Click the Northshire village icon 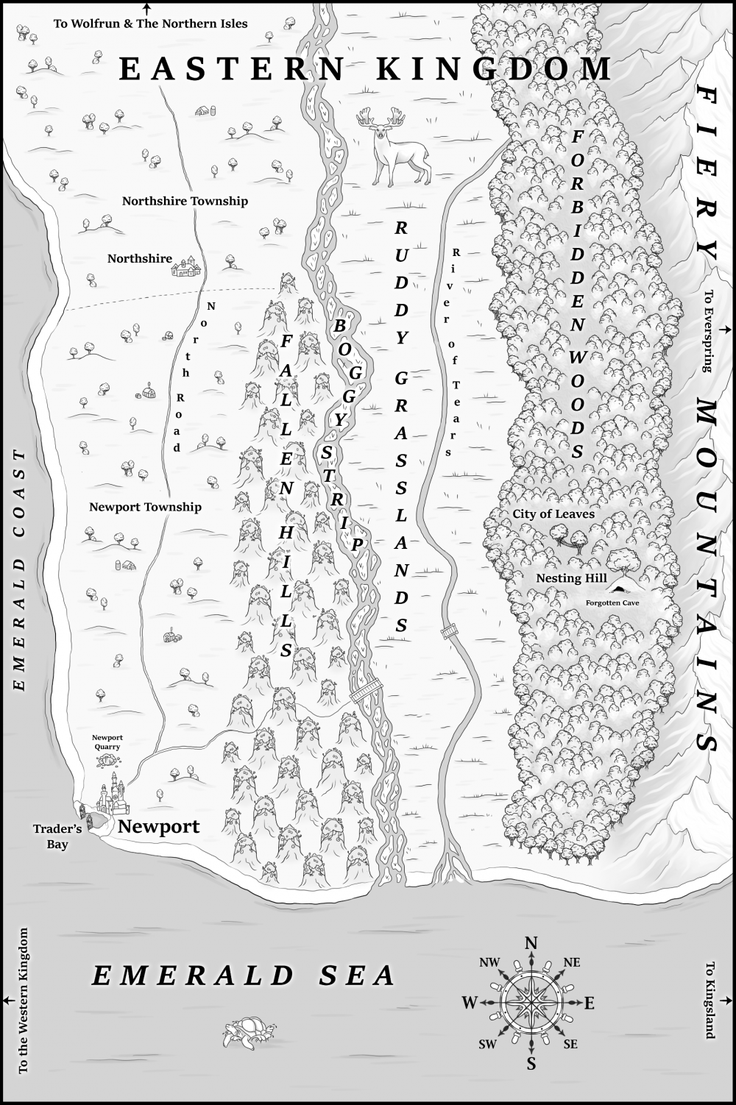(x=186, y=268)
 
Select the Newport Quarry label (x=107, y=742)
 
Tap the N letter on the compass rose (x=531, y=944)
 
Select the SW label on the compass (x=487, y=1045)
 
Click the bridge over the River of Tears (x=448, y=631)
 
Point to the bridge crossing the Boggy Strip (x=367, y=692)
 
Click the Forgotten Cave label (x=612, y=603)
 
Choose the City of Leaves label (x=553, y=514)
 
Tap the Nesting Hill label (x=571, y=578)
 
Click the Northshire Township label (x=185, y=201)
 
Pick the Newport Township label (x=145, y=507)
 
